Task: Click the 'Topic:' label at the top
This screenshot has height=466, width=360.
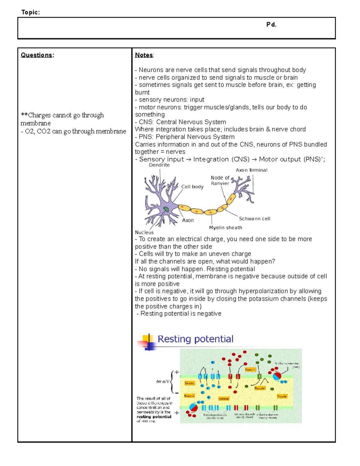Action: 30,12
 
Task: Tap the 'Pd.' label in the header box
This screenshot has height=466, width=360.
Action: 271,25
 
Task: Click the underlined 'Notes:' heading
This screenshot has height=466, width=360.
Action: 144,55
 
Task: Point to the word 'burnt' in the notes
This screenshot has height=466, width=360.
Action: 142,92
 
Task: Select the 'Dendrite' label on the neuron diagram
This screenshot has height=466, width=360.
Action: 159,165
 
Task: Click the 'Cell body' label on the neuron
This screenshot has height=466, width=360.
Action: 192,187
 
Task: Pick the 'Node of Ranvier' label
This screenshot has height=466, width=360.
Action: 220,180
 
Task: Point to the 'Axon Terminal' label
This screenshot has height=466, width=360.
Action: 251,170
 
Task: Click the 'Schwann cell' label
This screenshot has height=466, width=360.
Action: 254,219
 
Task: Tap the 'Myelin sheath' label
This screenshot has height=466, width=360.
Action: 226,228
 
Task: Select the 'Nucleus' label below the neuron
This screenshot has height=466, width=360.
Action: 144,233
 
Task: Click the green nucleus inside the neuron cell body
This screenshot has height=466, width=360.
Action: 166,209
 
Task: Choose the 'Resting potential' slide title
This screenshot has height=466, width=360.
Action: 195,339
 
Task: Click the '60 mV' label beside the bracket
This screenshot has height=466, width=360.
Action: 163,382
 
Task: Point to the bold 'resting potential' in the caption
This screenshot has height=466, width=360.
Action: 154,417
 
